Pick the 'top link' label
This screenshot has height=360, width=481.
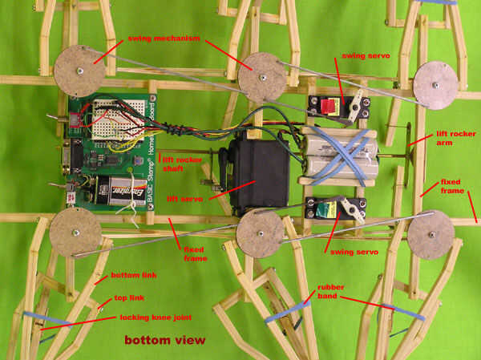(123, 298)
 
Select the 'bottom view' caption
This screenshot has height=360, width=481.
(164, 340)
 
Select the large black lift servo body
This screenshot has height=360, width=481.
(258, 172)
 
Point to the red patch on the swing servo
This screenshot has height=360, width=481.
(329, 107)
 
